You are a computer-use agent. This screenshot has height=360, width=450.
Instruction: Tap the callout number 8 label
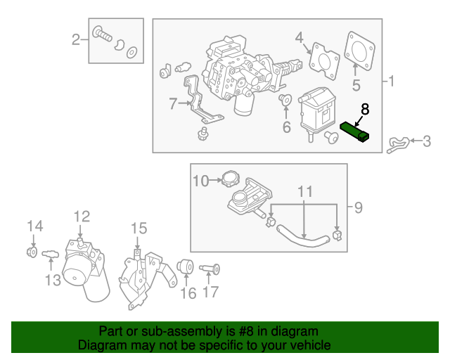pos(364,109)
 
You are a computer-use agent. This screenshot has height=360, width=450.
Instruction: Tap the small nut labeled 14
pos(32,251)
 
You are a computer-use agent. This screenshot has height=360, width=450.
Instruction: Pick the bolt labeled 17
pos(212,268)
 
